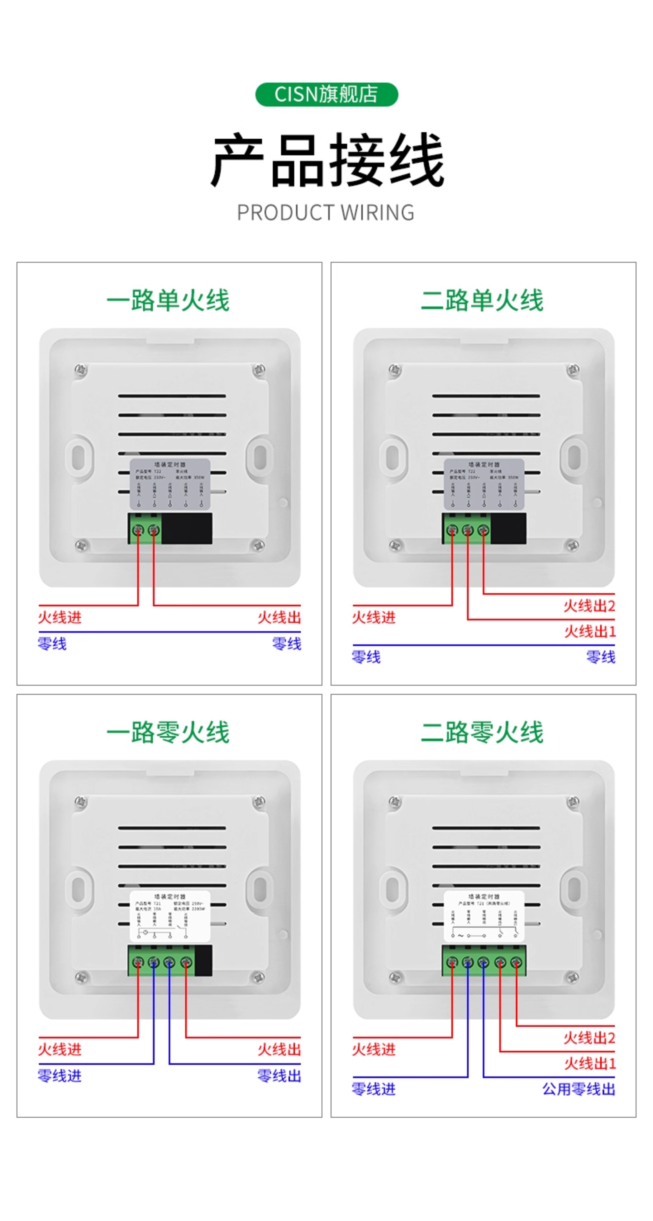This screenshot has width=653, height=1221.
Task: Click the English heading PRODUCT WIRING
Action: (325, 212)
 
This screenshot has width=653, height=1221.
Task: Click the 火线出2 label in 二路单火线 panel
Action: (589, 606)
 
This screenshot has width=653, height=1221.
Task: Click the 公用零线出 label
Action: (578, 1089)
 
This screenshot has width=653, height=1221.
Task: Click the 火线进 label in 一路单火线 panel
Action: (60, 617)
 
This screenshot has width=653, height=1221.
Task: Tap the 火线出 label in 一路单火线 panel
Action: (279, 617)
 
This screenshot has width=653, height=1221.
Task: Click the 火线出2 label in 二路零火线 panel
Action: (589, 1038)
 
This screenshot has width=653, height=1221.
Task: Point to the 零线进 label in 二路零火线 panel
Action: (373, 1089)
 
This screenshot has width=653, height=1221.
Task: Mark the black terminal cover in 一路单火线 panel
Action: (187, 529)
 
